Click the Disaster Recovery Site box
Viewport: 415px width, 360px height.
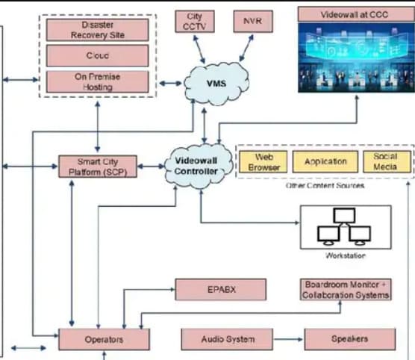click(97, 30)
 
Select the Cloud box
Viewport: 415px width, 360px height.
click(97, 55)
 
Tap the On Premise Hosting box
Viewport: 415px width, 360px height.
click(97, 82)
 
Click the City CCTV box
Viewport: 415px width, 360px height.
click(195, 21)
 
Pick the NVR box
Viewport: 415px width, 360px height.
click(253, 21)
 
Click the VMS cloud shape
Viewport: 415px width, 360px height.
click(216, 84)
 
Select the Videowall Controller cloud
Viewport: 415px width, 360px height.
click(196, 166)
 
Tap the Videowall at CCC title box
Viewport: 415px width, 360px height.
click(356, 14)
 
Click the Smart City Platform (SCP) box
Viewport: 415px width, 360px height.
click(98, 167)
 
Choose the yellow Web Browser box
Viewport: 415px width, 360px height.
click(263, 162)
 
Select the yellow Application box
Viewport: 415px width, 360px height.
click(325, 162)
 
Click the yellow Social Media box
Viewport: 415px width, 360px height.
click(387, 162)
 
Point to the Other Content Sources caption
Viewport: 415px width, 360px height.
click(325, 185)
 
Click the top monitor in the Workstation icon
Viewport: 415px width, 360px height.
click(344, 216)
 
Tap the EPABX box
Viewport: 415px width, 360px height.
click(221, 290)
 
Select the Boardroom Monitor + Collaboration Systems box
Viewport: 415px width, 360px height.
click(346, 290)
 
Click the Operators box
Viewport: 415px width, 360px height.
click(104, 340)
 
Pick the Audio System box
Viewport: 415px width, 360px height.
click(227, 339)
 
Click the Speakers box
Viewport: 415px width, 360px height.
click(350, 339)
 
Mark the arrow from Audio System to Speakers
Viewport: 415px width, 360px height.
click(288, 339)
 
